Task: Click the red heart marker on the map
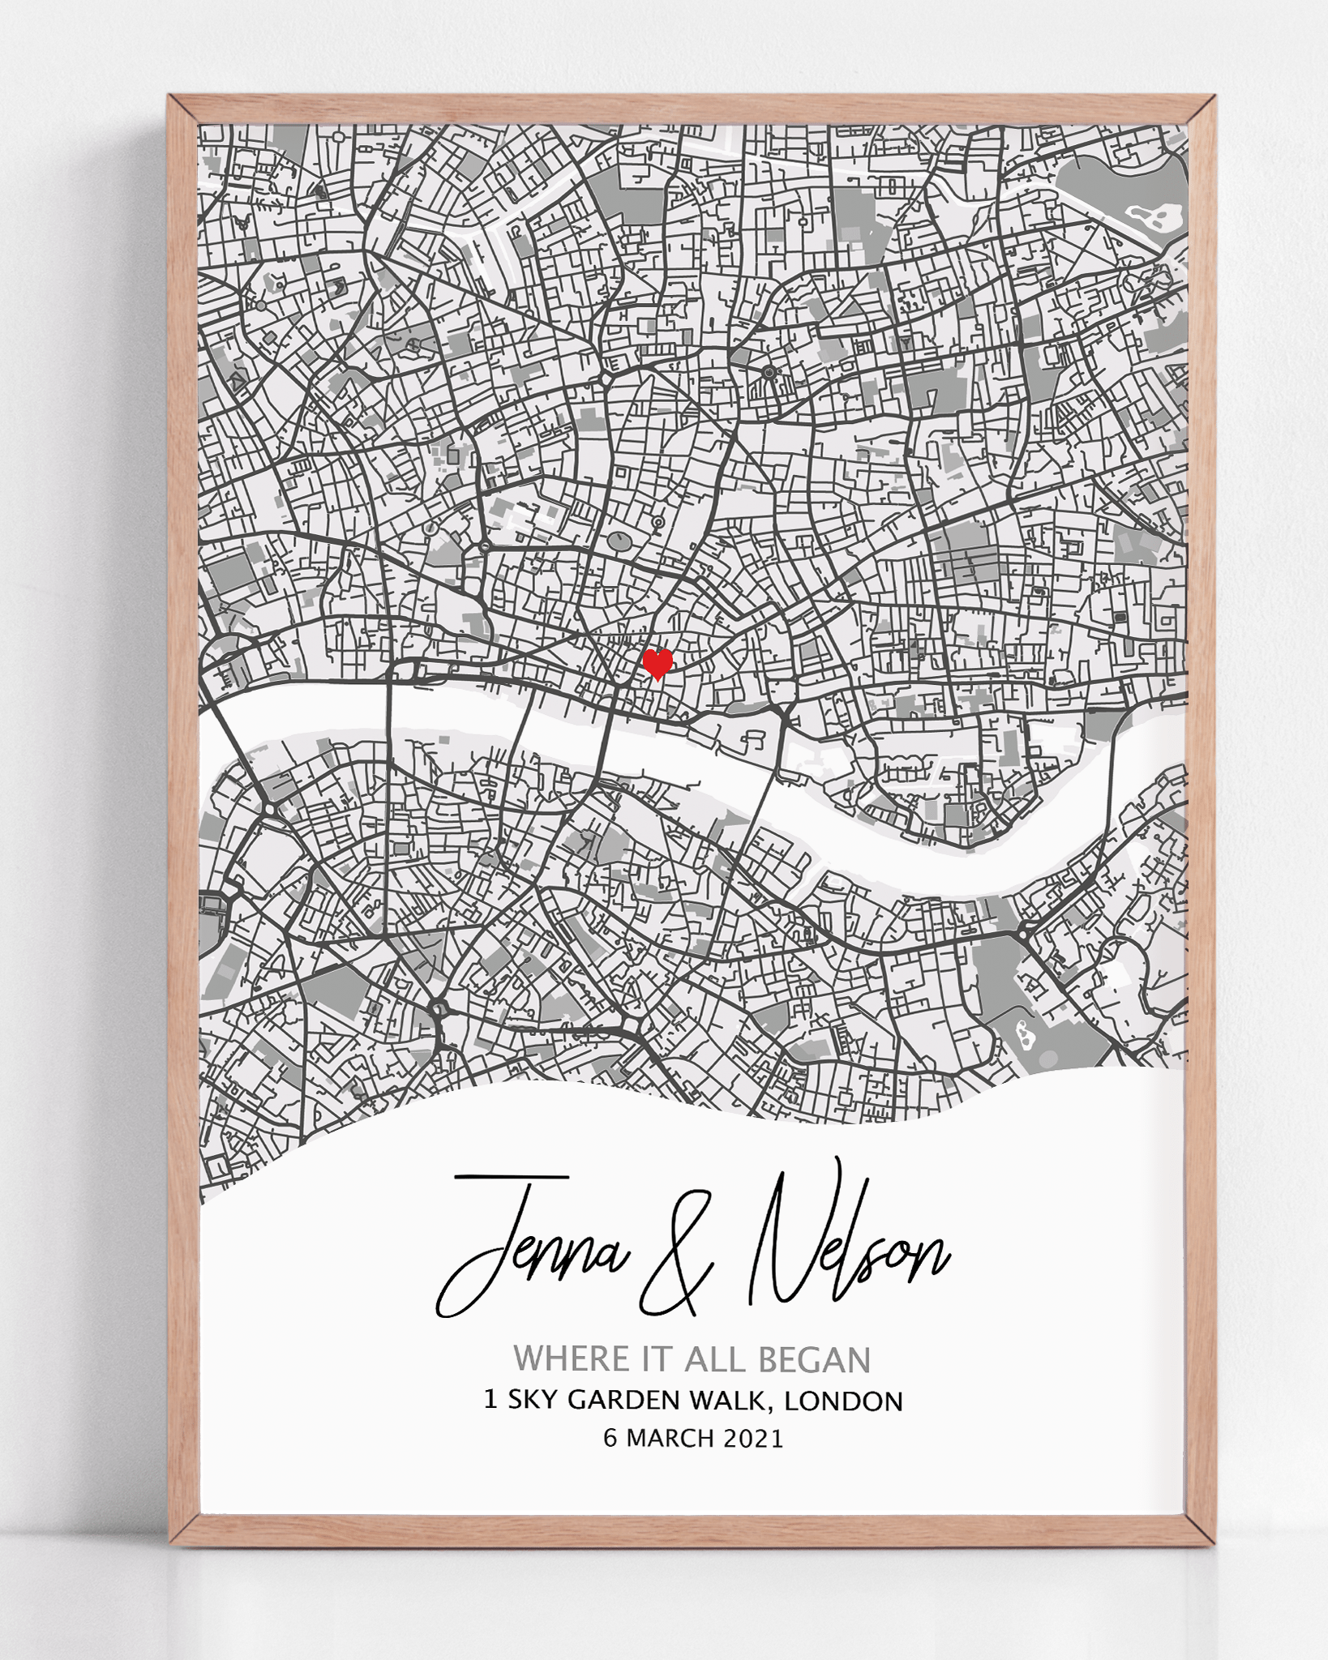(x=657, y=664)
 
